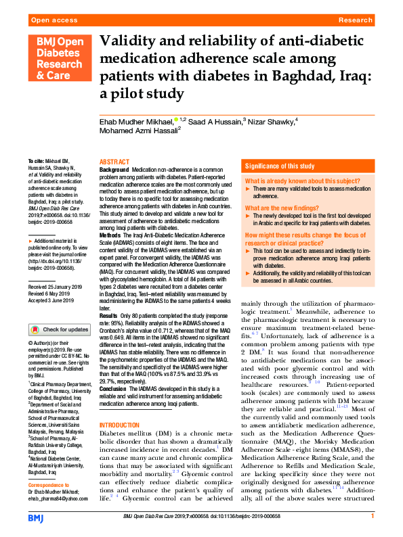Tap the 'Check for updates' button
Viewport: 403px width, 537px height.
coord(58,329)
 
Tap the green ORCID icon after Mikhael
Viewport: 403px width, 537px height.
coord(177,120)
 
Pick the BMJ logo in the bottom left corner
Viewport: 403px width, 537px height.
coord(36,518)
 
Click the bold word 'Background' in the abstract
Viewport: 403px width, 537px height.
coord(114,170)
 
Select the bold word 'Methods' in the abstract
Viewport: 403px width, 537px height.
coord(111,233)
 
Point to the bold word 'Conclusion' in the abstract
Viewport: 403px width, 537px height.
coord(114,389)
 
